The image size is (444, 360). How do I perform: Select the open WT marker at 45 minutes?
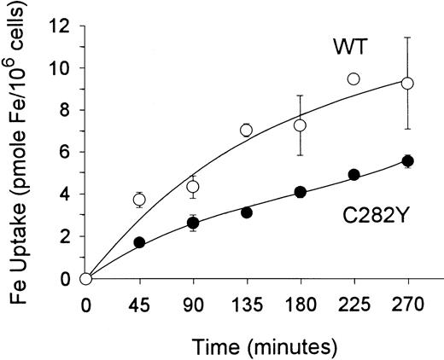139,200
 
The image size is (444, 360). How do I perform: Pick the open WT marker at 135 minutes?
246,130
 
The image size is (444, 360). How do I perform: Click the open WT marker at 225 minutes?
353,78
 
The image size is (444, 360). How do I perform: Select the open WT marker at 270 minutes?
407,83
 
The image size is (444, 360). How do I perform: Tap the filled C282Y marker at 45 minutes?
139,242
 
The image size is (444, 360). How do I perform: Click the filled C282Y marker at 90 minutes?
193,223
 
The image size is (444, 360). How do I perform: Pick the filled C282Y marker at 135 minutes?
246,212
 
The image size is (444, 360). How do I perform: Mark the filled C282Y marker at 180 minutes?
300,192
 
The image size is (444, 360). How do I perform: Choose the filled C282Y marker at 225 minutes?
353,174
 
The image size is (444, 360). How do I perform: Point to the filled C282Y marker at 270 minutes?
407,161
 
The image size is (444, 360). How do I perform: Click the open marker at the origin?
85,278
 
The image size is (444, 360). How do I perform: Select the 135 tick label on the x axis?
246,303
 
